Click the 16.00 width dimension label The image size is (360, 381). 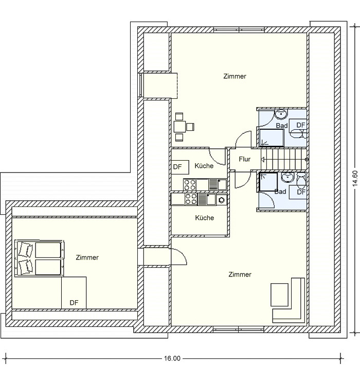pos(172,358)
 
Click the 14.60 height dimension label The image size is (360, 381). pos(355,178)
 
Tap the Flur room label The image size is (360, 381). pos(244,159)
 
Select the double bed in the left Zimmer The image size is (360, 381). pos(39,258)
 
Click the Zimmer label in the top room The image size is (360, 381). pos(235,76)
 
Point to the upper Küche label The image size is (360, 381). pos(204,166)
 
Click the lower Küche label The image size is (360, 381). pos(204,218)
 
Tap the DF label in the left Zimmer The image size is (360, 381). pos(74,303)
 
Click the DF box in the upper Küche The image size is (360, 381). pos(180,167)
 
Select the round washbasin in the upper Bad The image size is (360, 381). pos(281,114)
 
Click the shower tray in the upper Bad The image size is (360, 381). pos(272,138)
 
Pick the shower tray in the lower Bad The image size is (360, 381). pos(268,182)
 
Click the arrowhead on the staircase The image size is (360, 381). pos(263,160)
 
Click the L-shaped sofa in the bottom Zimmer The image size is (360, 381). pos(289,300)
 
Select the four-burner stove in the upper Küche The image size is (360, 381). pos(190,184)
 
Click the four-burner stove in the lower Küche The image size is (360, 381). pos(191,199)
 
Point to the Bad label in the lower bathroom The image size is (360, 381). pos(280,192)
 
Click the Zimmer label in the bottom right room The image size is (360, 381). pos(240,274)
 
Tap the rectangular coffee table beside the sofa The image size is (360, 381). pos(280,295)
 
